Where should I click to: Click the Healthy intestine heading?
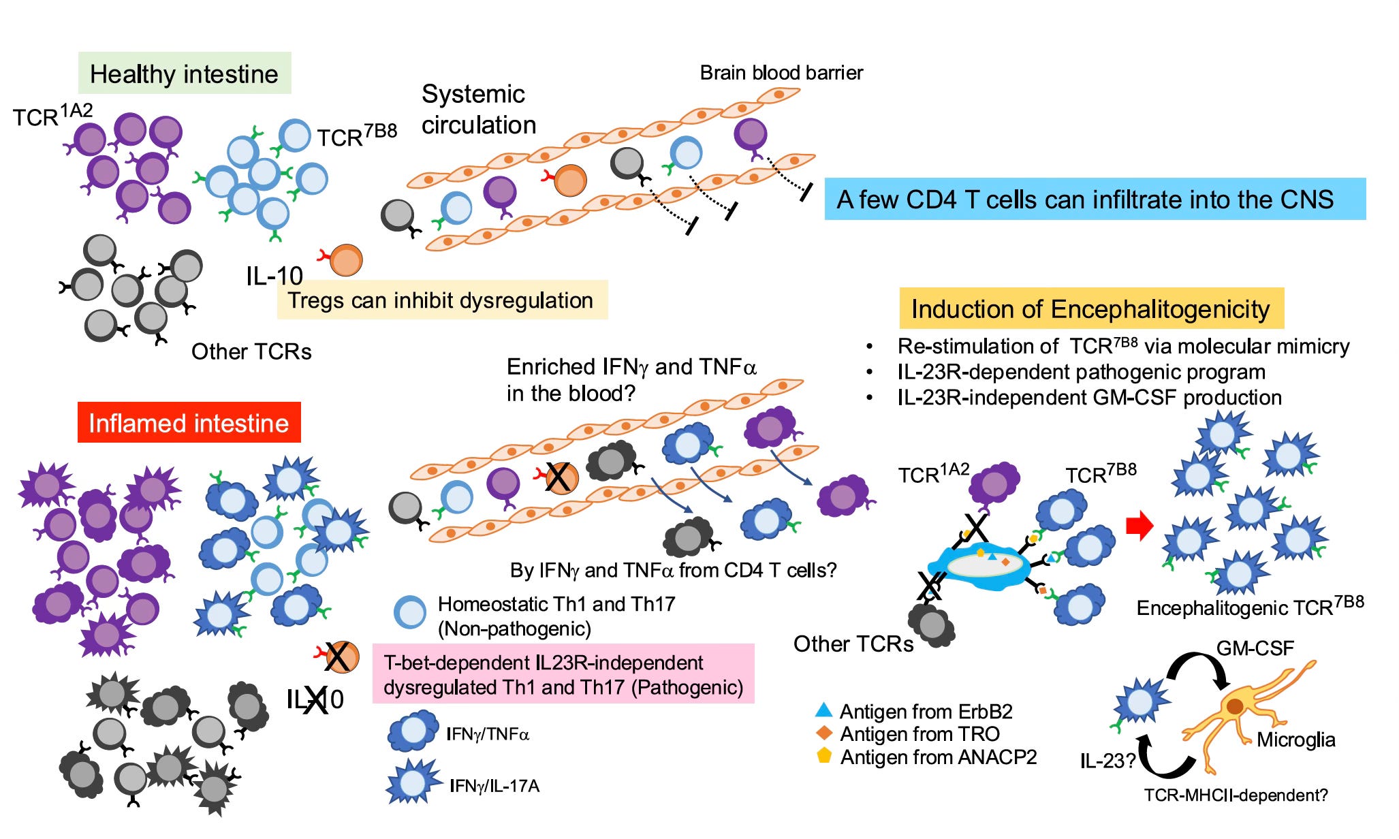(185, 73)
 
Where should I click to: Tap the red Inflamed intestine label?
(189, 422)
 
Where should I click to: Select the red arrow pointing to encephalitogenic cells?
(1139, 526)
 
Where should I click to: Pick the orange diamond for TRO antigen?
(824, 733)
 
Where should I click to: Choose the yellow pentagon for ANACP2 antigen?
(824, 755)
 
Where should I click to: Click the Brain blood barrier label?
(781, 72)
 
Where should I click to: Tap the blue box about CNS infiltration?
(1095, 199)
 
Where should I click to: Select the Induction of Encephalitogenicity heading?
(1091, 308)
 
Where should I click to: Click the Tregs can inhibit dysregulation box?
(442, 300)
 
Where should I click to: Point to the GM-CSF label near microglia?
(1255, 648)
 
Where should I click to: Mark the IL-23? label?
(1107, 761)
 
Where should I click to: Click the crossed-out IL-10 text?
(315, 699)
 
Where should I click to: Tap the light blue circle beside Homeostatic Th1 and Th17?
(411, 612)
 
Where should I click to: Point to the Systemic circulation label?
(478, 109)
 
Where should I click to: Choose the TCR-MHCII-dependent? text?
(1236, 795)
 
